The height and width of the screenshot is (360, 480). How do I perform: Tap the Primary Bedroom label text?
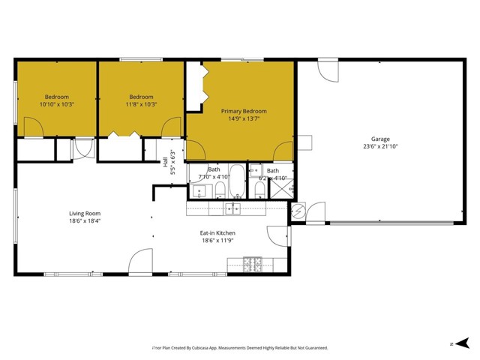pyautogui.click(x=243, y=111)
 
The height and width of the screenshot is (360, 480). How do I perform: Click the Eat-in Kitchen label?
pyautogui.click(x=219, y=232)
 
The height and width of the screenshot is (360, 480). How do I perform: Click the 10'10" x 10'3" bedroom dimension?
pyautogui.click(x=56, y=105)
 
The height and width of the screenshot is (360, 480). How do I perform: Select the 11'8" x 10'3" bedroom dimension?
pyautogui.click(x=141, y=105)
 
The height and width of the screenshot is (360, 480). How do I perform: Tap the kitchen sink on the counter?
pyautogui.click(x=234, y=208)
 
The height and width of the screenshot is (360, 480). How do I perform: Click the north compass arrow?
pyautogui.click(x=455, y=343)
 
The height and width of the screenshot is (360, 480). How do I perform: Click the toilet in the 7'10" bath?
pyautogui.click(x=220, y=189)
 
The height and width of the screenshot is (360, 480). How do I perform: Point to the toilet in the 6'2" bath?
pyautogui.click(x=259, y=189)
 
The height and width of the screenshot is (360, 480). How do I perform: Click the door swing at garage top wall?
pyautogui.click(x=327, y=71)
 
